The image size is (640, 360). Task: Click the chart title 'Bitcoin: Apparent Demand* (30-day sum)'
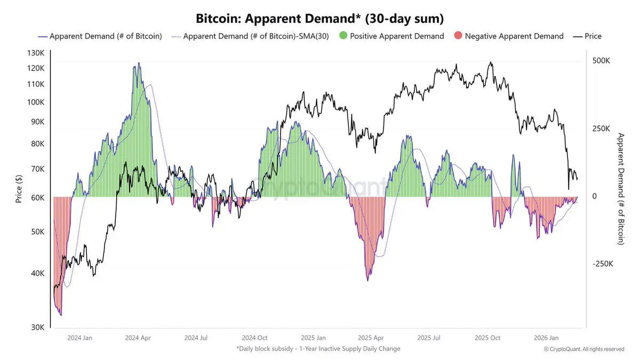(x=319, y=19)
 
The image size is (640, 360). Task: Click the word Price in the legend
(x=593, y=36)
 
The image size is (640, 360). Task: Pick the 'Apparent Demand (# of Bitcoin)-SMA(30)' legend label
(x=255, y=36)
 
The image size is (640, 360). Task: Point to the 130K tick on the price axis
(x=36, y=53)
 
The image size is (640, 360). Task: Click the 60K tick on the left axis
(x=37, y=197)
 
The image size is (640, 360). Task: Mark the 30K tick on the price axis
(x=37, y=327)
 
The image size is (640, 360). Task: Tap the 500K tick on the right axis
(x=601, y=61)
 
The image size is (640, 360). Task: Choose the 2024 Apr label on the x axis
(x=138, y=338)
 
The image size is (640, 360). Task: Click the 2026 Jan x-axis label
(x=546, y=338)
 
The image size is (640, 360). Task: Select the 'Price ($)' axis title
(x=19, y=190)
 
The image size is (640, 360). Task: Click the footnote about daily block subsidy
(x=318, y=349)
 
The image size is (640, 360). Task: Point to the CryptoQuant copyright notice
(x=584, y=349)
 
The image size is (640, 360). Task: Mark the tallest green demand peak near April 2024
(x=139, y=63)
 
